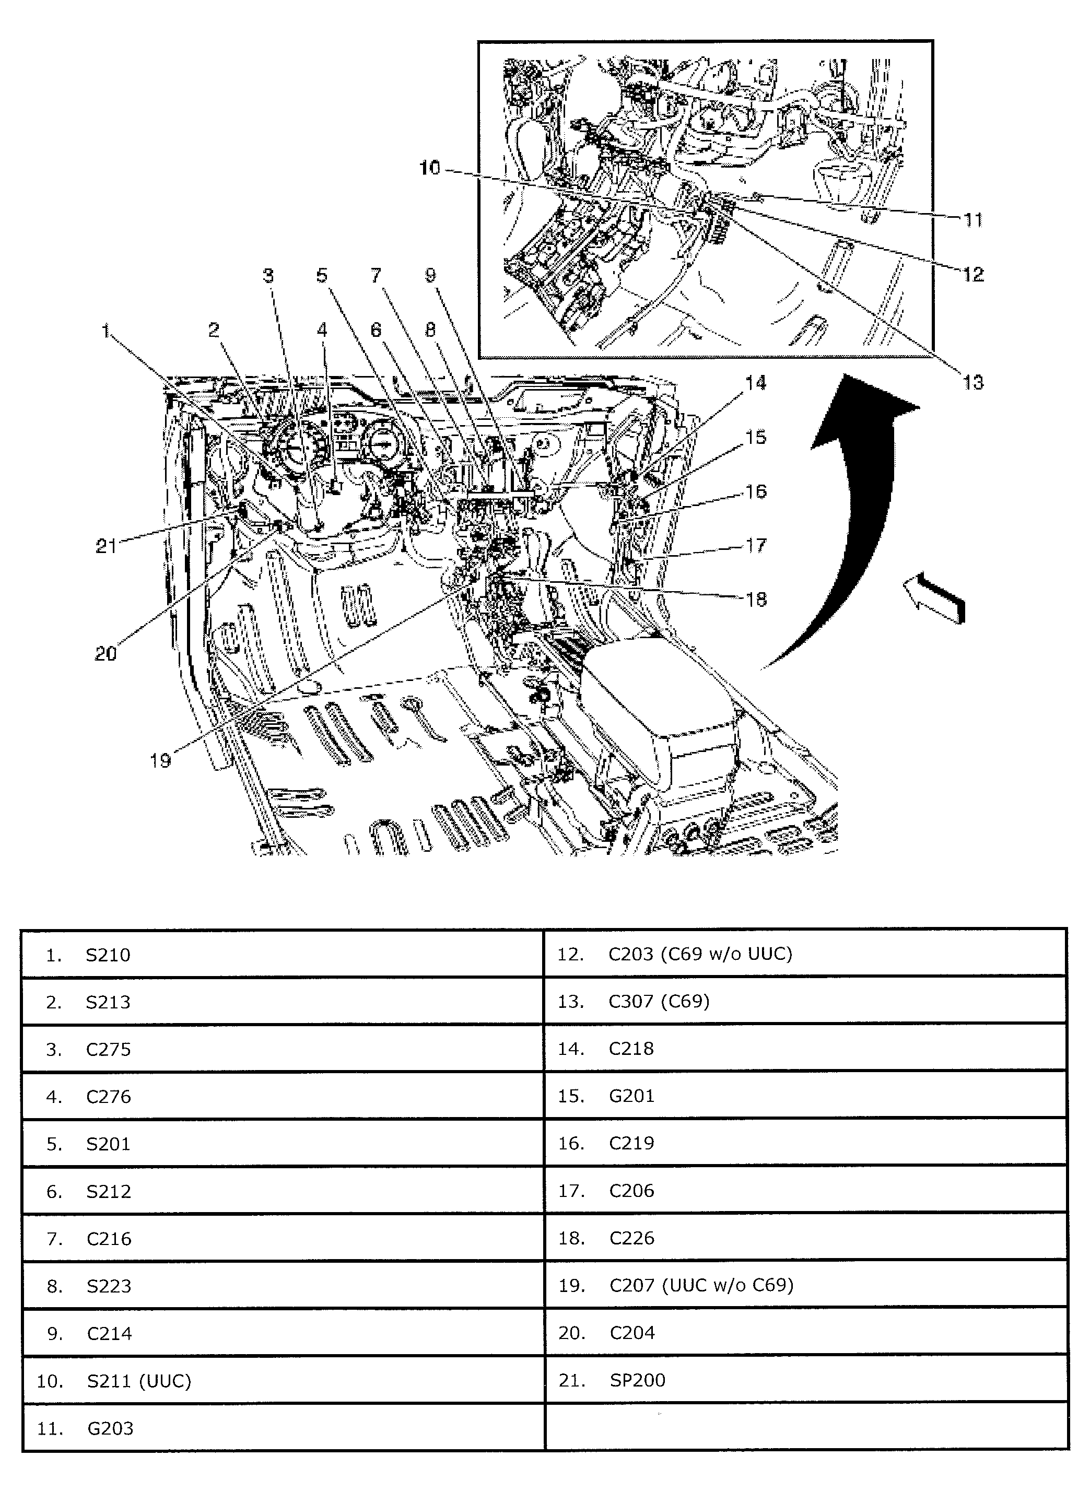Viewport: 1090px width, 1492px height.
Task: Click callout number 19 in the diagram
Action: (x=160, y=760)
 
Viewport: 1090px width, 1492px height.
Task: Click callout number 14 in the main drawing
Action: (x=756, y=383)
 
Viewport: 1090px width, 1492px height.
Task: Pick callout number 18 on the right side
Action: (x=756, y=599)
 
